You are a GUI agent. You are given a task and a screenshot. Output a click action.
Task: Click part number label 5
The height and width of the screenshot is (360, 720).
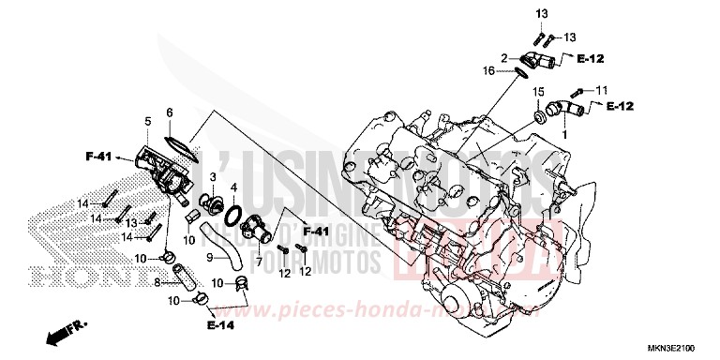tap(147, 122)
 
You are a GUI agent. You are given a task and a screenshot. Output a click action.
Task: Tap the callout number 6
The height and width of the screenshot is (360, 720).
tap(170, 112)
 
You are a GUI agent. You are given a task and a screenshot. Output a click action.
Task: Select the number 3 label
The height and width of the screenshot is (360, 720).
tap(214, 176)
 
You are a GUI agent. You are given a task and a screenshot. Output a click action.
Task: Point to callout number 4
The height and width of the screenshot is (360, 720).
tap(233, 187)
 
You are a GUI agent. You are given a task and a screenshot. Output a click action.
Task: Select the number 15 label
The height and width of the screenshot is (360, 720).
tap(538, 92)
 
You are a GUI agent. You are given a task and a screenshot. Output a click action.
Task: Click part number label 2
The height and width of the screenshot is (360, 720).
tap(502, 58)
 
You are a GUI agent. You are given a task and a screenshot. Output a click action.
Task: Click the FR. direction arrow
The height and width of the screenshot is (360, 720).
tap(64, 330)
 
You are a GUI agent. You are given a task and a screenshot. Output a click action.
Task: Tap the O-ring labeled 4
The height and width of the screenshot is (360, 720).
tap(234, 214)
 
